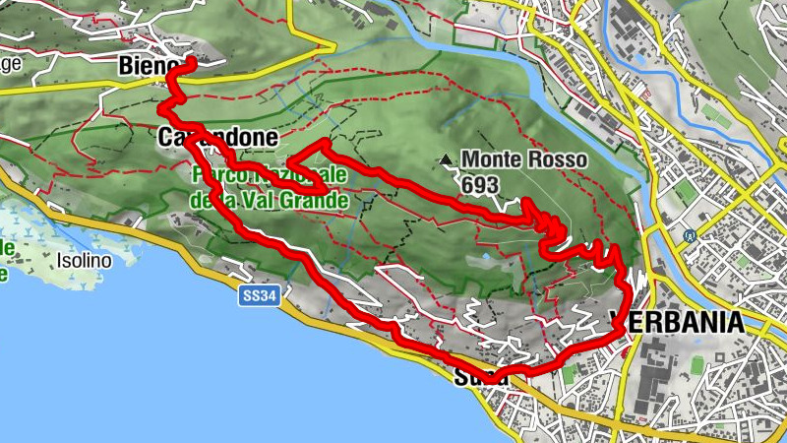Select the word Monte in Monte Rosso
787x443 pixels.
496,158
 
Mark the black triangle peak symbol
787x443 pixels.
448,158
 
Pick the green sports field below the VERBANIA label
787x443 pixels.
697,366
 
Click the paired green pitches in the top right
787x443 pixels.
717,114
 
